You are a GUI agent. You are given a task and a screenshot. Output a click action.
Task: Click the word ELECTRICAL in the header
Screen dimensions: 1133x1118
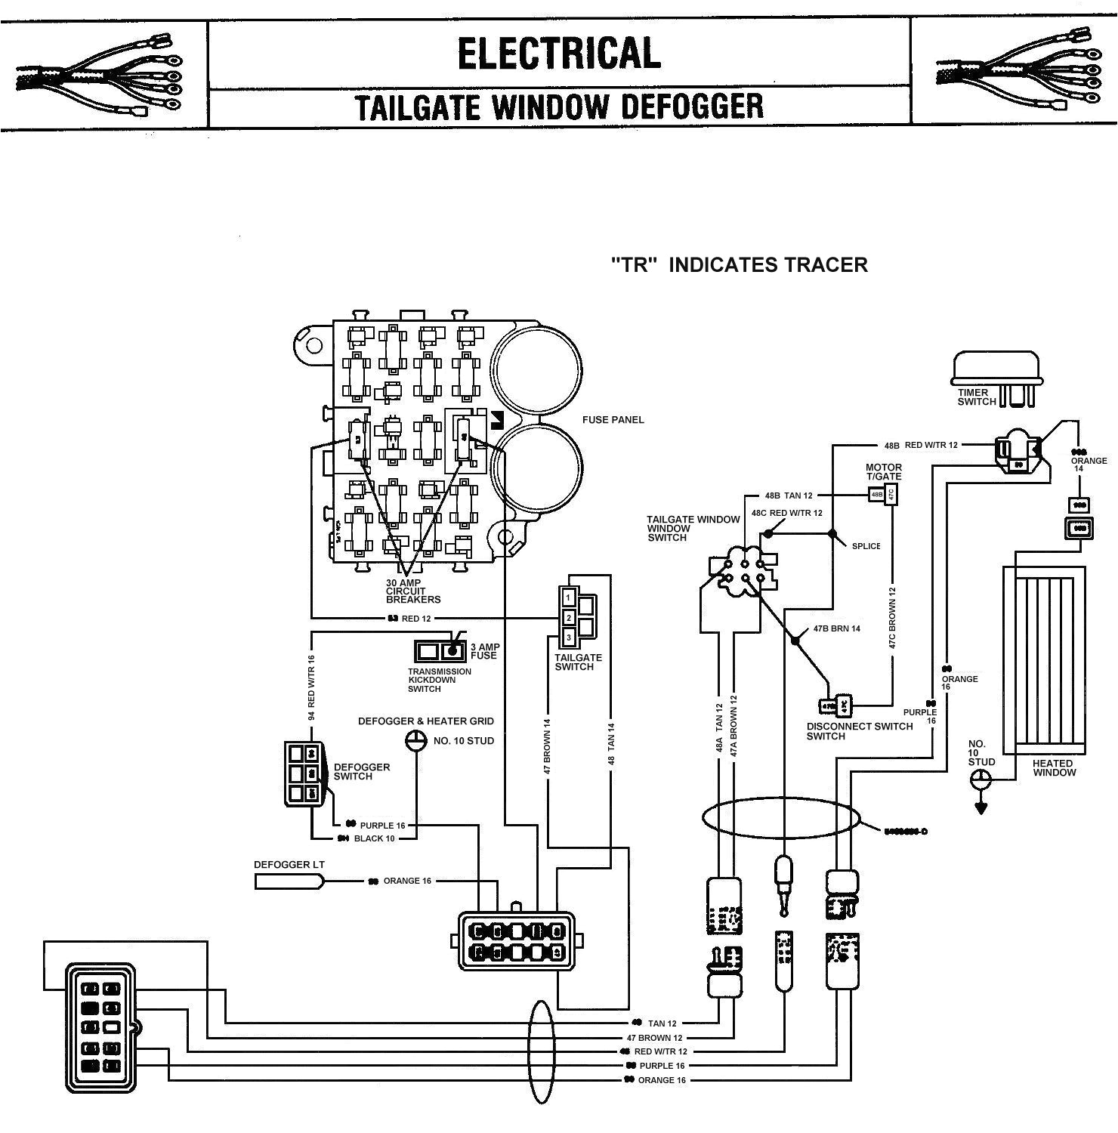tap(559, 53)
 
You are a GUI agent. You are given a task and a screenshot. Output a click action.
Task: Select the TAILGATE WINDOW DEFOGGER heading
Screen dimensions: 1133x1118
tap(559, 107)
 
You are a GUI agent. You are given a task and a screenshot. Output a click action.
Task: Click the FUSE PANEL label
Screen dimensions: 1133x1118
tap(613, 420)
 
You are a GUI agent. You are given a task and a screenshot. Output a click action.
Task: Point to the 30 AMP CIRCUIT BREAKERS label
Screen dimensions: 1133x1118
tap(412, 591)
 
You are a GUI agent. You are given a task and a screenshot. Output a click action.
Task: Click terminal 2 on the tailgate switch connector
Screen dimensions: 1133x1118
tap(569, 618)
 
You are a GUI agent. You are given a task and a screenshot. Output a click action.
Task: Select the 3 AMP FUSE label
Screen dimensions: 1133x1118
tap(483, 651)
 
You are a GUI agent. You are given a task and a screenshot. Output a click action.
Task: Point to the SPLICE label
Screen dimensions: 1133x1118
tap(866, 546)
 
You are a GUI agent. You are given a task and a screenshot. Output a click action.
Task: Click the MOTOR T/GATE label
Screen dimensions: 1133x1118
tap(883, 472)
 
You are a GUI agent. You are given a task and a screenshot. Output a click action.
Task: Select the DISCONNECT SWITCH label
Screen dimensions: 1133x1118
tap(860, 730)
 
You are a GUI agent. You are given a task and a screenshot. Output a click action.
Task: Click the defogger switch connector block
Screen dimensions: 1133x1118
tap(304, 773)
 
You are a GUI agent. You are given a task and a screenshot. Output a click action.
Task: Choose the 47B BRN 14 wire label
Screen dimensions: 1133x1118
tap(836, 628)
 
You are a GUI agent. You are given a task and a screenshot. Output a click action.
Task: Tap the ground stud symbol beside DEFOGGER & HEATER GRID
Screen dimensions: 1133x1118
tap(415, 741)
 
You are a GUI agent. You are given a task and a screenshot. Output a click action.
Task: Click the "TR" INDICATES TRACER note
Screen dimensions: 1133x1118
tap(739, 264)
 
